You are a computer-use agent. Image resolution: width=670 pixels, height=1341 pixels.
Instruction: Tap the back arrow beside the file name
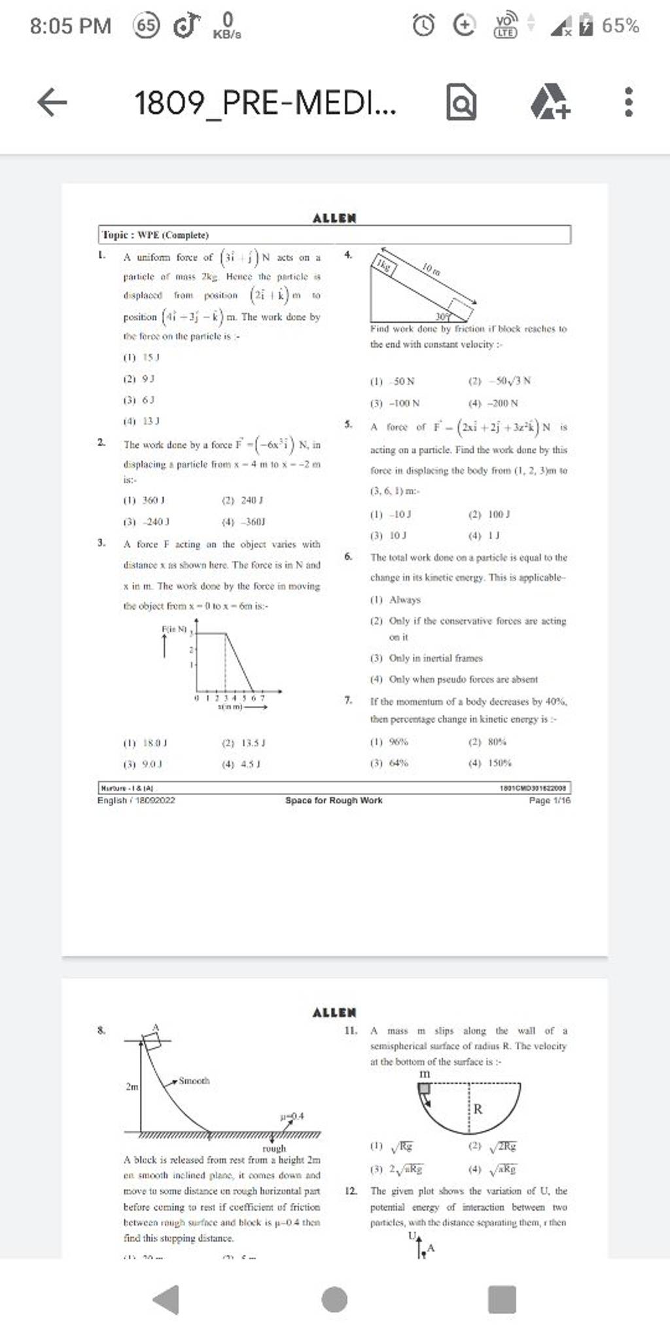[52, 103]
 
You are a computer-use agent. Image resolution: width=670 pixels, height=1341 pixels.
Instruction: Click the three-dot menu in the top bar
[628, 103]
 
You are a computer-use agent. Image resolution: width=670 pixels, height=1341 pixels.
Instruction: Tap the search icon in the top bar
[461, 103]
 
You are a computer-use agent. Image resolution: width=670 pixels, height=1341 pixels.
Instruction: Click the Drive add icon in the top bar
[550, 103]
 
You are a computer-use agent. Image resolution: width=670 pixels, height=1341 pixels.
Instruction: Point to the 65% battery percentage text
[620, 26]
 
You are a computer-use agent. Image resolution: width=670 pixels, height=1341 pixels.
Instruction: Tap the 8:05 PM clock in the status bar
[71, 26]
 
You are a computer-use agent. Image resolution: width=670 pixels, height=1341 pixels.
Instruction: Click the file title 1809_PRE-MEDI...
[265, 103]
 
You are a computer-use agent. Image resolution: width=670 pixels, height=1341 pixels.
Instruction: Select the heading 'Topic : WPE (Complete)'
[154, 234]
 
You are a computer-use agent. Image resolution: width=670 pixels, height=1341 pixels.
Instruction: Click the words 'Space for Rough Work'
[334, 800]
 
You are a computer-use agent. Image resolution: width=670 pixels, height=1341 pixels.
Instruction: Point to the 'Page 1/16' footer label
[550, 800]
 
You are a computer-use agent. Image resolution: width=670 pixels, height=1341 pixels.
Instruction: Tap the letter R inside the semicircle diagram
[478, 1109]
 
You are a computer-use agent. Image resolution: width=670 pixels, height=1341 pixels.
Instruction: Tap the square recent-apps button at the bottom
[502, 1299]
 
